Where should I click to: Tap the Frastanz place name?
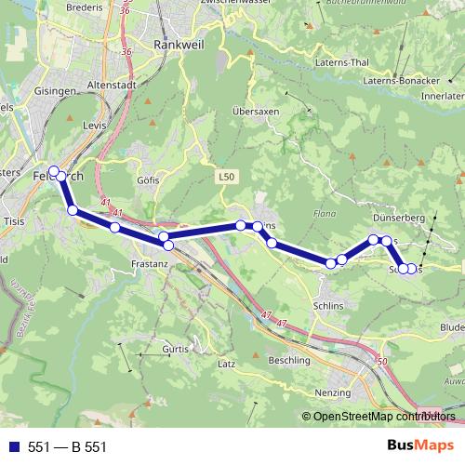(x=150, y=265)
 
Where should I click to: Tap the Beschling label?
(x=289, y=360)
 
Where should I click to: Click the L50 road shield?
(x=228, y=175)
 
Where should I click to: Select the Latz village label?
(x=227, y=364)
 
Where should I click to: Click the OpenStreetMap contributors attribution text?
(x=379, y=418)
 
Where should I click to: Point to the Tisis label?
(x=14, y=221)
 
